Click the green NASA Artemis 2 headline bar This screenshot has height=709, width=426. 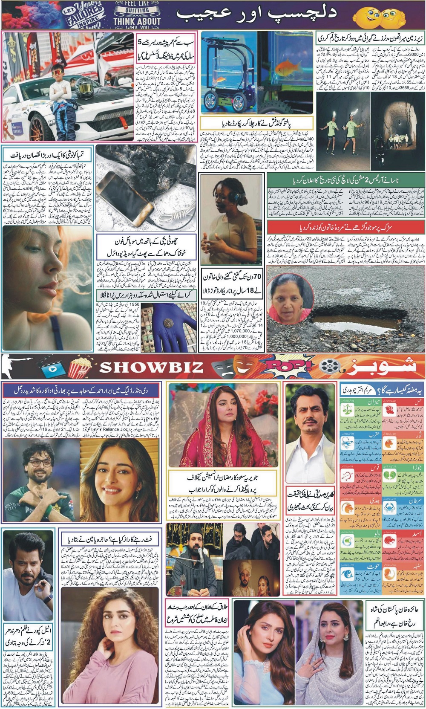(345, 179)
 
